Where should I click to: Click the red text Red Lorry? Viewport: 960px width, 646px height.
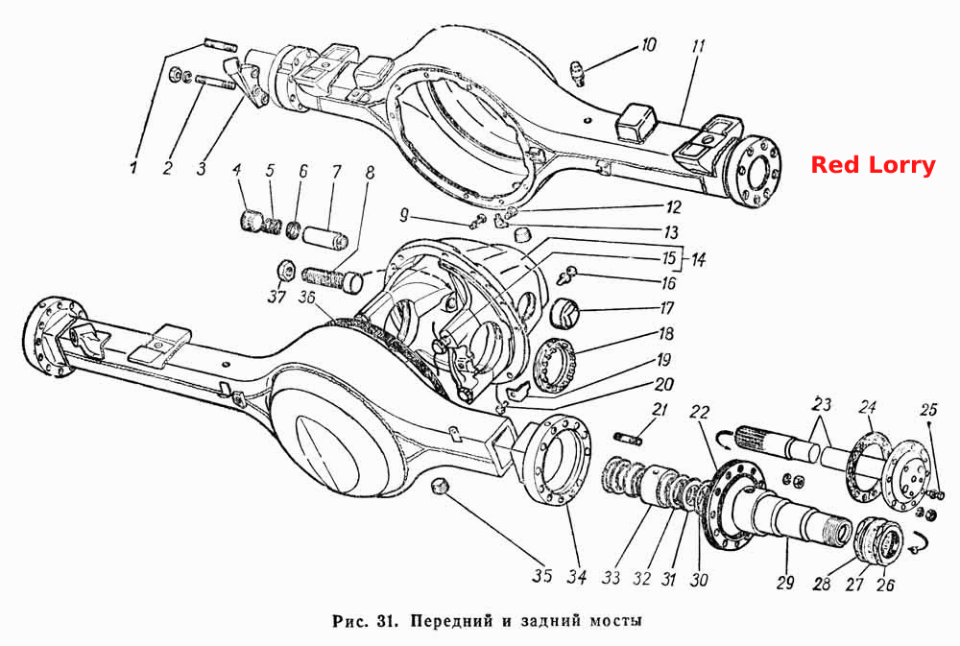(873, 165)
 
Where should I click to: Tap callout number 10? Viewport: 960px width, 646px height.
(648, 45)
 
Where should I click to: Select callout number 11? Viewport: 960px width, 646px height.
(699, 46)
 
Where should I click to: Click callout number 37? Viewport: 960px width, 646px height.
(276, 297)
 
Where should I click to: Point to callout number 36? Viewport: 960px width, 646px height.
(307, 297)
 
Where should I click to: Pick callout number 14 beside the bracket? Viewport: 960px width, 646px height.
(698, 259)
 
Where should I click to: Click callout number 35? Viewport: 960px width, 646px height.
(541, 576)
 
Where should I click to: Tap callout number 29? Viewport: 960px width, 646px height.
(785, 582)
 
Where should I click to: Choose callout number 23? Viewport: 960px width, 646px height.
(823, 404)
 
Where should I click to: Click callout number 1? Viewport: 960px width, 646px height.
(133, 167)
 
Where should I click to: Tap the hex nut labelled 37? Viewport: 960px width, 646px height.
(285, 270)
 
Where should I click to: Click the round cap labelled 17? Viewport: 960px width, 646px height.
(564, 314)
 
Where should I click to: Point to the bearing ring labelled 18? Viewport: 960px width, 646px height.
(555, 365)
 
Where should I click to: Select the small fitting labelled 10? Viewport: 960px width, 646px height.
(577, 73)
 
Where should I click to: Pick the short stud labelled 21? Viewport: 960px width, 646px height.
(628, 438)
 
